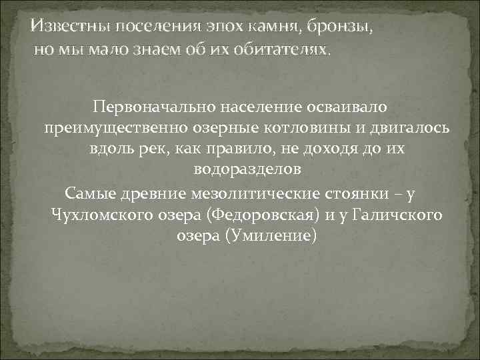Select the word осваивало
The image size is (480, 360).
[x=339, y=106]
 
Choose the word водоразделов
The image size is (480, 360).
[x=247, y=170]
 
